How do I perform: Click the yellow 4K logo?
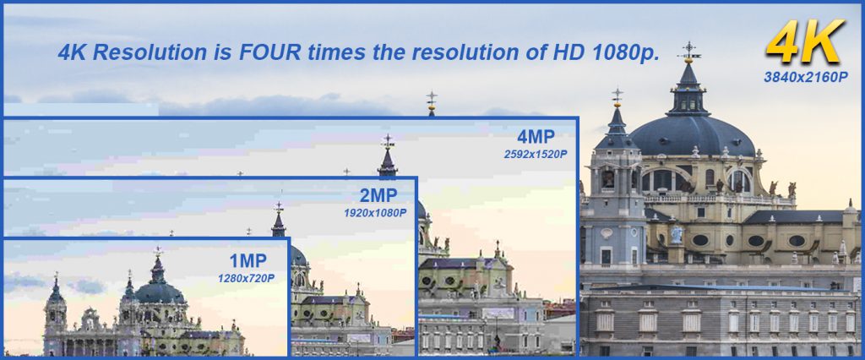[805, 42]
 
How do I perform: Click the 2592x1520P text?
[535, 155]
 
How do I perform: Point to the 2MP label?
[378, 195]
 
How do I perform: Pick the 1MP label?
[248, 260]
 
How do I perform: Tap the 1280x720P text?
[246, 278]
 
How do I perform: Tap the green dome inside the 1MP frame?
[160, 292]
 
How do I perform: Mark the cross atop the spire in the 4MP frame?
[388, 141]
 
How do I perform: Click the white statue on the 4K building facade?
[677, 233]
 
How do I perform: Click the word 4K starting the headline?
[73, 52]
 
